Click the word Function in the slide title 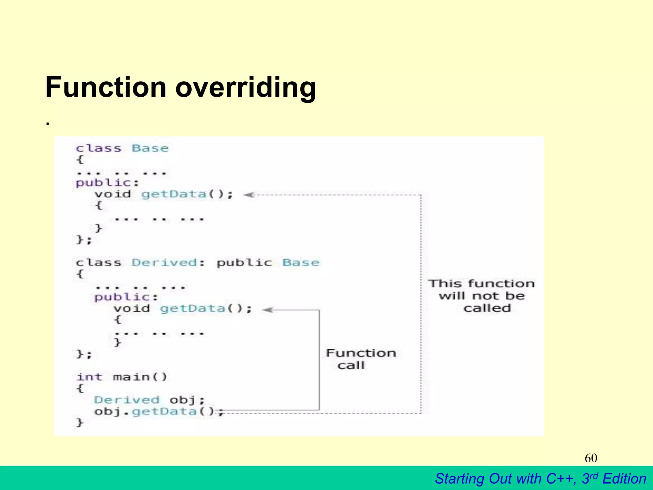[106, 87]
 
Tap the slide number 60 [591, 458]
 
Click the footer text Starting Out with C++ [505, 479]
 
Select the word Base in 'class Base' [150, 148]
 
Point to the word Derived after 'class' [164, 263]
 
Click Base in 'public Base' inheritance [301, 263]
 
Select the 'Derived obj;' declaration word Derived [127, 400]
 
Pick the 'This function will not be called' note [481, 296]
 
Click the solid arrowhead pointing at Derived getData [268, 309]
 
